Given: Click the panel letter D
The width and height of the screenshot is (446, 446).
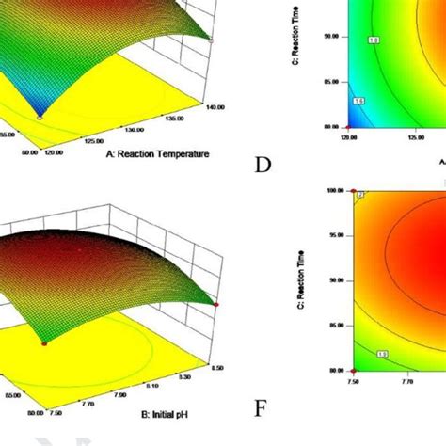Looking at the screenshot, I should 263,167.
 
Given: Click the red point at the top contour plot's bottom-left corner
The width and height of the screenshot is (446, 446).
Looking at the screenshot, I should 349,128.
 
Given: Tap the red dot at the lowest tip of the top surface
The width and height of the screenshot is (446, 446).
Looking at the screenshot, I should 40,116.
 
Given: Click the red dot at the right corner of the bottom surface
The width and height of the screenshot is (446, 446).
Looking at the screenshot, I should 216,304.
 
